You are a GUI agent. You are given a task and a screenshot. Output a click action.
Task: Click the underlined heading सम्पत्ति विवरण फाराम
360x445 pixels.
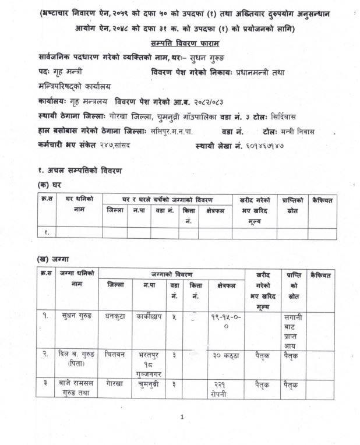tap(182, 43)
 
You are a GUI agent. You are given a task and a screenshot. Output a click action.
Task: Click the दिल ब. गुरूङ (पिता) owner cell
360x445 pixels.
tap(76, 358)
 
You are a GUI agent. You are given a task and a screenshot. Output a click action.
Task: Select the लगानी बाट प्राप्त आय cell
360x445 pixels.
tap(292, 330)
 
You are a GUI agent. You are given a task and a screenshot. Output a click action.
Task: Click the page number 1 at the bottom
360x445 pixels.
tap(182, 417)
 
